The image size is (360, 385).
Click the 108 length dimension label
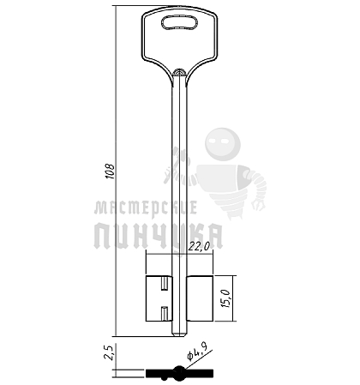point(110,171)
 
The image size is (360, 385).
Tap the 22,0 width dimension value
point(199,247)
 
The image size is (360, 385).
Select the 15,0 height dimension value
point(226,298)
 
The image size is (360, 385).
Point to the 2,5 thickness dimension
point(109,352)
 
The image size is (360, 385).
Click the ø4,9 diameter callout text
point(196,352)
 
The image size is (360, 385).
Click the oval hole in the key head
point(180,22)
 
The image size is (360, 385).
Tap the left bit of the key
point(159,298)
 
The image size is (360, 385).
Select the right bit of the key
point(200,298)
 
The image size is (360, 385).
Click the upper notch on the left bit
point(165,284)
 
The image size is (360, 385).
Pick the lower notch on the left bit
point(165,313)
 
